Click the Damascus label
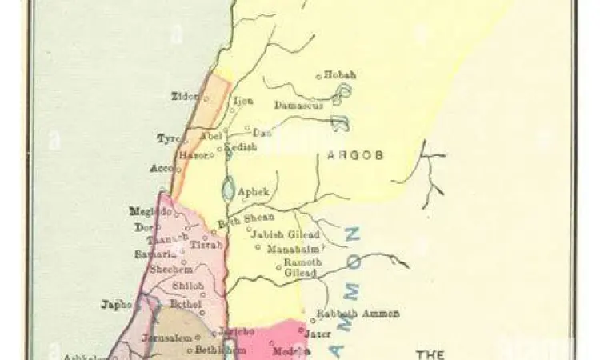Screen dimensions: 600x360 pyautogui.click(x=298, y=105)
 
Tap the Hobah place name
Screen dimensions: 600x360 pyautogui.click(x=340, y=75)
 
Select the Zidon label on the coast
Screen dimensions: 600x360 pyautogui.click(x=185, y=97)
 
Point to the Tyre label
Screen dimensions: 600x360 pyautogui.click(x=168, y=139)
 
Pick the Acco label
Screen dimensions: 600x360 pyautogui.click(x=161, y=169)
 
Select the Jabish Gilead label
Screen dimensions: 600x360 pyautogui.click(x=285, y=234)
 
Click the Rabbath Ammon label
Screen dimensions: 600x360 pyautogui.click(x=358, y=314)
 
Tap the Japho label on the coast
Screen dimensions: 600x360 pyautogui.click(x=116, y=304)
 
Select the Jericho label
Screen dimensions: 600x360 pyautogui.click(x=238, y=331)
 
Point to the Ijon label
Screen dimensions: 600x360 pyautogui.click(x=242, y=102)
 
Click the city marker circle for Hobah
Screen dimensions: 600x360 pyautogui.click(x=318, y=77)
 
